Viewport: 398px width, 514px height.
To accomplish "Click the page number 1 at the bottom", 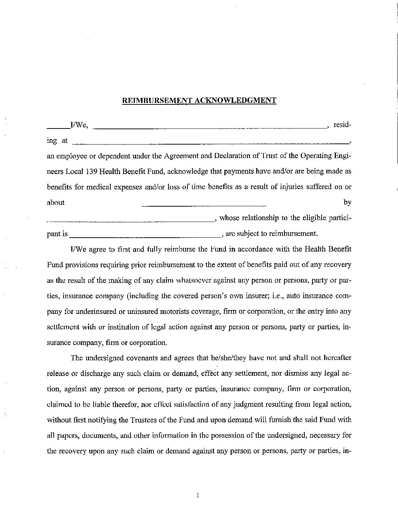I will point(198,495).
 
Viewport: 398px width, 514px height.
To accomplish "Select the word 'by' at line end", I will point(347,202).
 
